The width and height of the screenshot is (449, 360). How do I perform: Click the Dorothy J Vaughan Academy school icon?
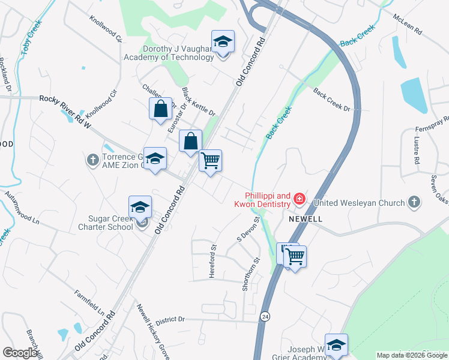[223, 41]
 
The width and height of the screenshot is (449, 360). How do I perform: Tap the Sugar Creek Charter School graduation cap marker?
[140, 207]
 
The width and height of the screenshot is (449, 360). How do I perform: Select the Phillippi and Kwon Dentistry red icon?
[299, 199]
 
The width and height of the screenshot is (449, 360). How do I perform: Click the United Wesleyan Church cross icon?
[414, 202]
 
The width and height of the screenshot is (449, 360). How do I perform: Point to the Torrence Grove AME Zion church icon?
[92, 160]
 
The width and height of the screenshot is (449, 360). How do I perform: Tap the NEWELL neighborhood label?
[306, 220]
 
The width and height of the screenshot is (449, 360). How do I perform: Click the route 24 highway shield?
[264, 315]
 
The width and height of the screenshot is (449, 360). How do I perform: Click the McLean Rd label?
[408, 23]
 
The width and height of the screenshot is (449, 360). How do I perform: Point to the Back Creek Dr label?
[331, 99]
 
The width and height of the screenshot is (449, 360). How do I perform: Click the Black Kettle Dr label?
[197, 101]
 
